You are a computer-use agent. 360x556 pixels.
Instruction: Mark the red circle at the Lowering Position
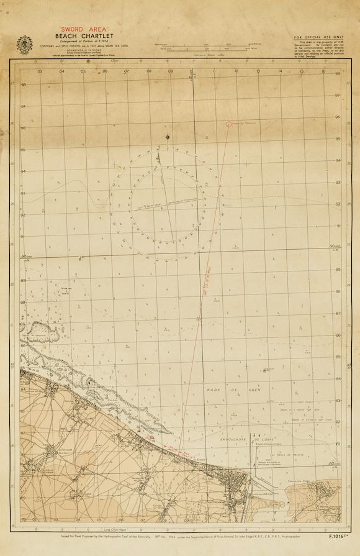tap(229, 124)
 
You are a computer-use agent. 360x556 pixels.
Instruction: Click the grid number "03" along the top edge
tap(40, 71)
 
